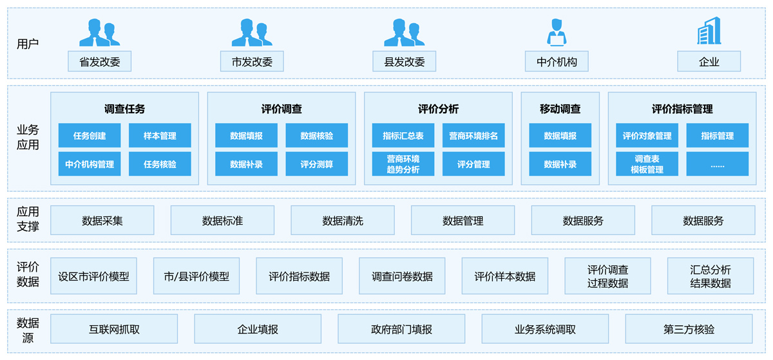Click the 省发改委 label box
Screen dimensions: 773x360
[x=99, y=61]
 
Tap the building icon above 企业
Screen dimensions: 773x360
[x=709, y=31]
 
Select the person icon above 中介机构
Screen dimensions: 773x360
[x=557, y=32]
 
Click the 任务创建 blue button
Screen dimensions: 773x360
[x=90, y=135]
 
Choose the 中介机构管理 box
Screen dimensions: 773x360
[x=90, y=164]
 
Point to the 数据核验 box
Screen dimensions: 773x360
[x=316, y=135]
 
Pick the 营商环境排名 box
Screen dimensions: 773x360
[x=473, y=135]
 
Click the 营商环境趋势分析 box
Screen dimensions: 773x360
[x=403, y=164]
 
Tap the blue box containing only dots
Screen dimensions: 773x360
[x=718, y=164]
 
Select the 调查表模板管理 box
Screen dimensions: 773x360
[x=647, y=164]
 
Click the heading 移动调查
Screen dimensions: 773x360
[x=560, y=109]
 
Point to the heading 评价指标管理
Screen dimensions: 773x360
[x=682, y=109]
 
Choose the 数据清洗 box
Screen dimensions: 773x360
[x=343, y=220]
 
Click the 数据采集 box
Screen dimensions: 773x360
[x=102, y=220]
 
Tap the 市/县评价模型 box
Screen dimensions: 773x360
[x=196, y=276]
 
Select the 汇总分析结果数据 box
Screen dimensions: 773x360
[x=711, y=276]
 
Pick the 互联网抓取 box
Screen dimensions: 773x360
[x=114, y=328]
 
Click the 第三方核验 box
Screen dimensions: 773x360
[x=689, y=328]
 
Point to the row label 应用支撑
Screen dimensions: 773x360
[x=28, y=219]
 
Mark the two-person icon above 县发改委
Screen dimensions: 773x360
[x=404, y=32]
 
